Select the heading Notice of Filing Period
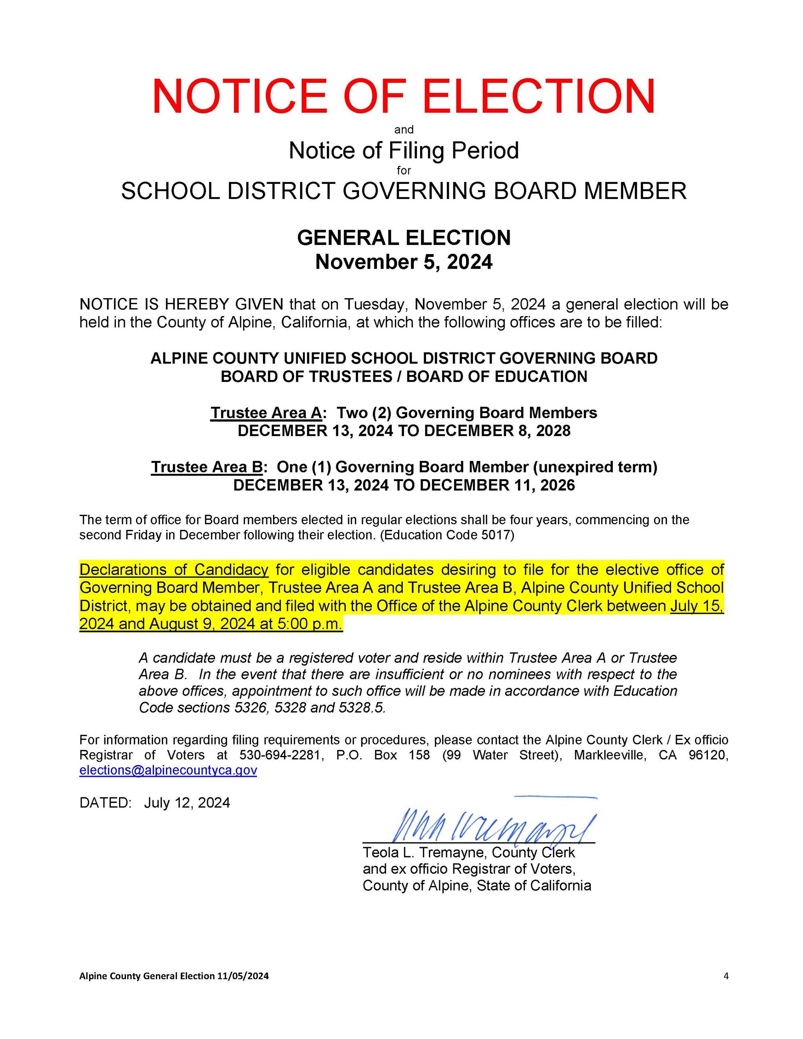tap(403, 150)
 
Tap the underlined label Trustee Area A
tap(266, 412)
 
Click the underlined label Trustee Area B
tap(207, 467)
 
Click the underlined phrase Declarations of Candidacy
tap(173, 569)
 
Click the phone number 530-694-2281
tap(280, 755)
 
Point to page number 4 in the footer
tap(725, 976)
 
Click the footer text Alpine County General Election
tap(147, 976)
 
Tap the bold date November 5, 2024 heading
tap(403, 262)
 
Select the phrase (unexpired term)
tap(595, 467)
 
